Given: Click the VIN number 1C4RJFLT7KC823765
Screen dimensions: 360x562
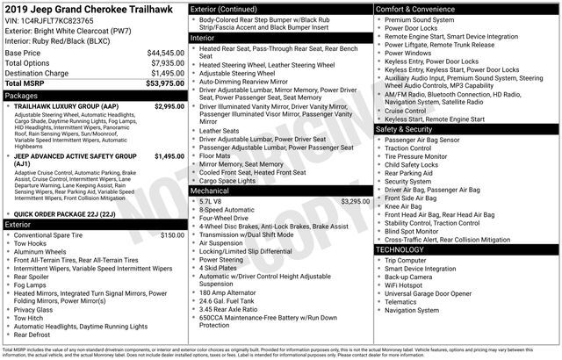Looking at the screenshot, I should tap(59, 19).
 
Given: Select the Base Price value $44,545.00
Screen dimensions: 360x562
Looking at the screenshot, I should tap(165, 53).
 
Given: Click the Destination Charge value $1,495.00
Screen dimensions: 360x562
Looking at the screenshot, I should tap(167, 73).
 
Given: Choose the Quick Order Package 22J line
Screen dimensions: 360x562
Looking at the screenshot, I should tap(64, 214).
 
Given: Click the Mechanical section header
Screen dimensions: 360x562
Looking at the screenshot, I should tap(210, 190).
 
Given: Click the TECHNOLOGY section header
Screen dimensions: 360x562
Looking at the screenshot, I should tap(401, 250).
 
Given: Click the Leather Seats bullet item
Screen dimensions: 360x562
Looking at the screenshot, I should tap(220, 131).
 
